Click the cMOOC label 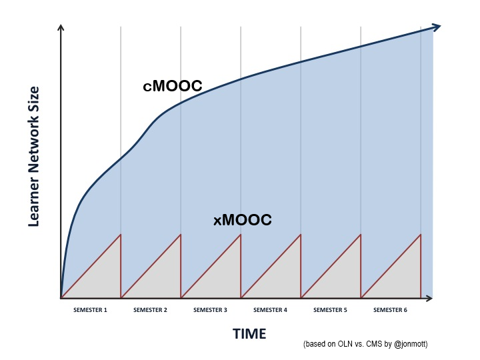tap(172, 86)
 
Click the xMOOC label tap(242, 220)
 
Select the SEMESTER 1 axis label tap(90, 310)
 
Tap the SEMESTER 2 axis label tap(150, 310)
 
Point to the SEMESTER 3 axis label tap(210, 310)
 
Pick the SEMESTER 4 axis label tap(270, 310)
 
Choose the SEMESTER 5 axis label tap(330, 310)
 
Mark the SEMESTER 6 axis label tap(390, 310)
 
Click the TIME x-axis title tap(249, 333)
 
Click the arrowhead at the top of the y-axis tap(61, 27)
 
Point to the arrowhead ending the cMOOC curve tap(437, 27)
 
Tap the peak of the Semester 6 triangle tap(421, 235)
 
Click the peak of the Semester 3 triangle tap(241, 235)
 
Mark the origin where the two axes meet tap(61, 298)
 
